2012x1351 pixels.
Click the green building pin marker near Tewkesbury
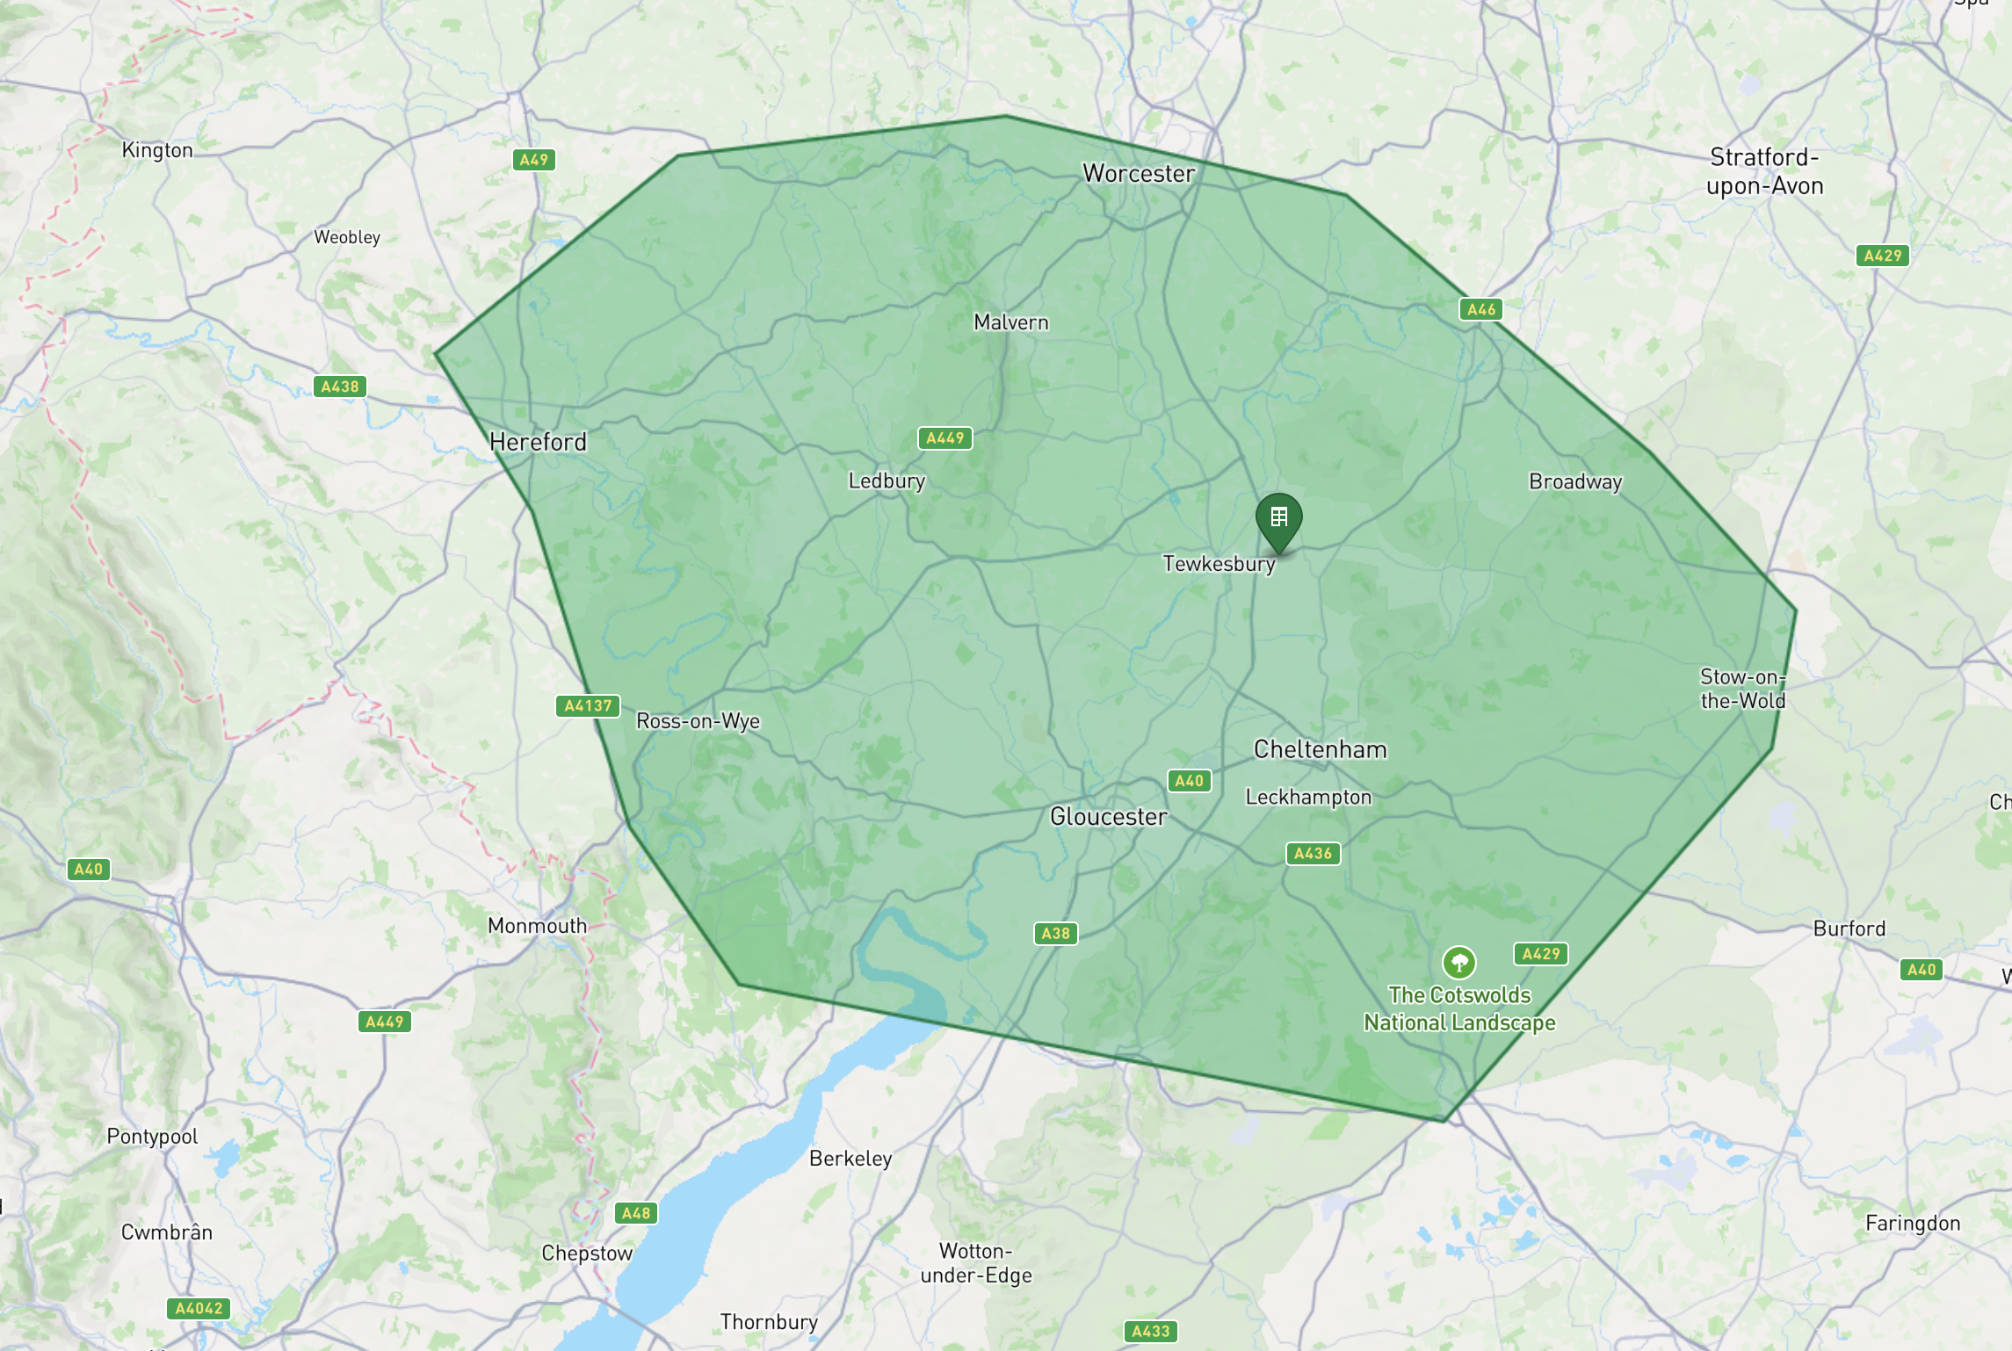point(1278,519)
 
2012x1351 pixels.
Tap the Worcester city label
point(1138,174)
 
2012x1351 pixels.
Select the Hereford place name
point(538,442)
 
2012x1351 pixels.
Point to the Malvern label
point(1010,322)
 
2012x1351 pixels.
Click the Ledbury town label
point(886,481)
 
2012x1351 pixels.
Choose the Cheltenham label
point(1320,749)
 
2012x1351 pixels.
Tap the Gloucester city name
point(1108,817)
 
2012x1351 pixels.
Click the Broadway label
point(1574,481)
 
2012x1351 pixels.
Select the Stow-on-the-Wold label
point(1742,689)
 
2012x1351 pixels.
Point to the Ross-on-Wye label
point(698,721)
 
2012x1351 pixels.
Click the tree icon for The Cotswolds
point(1458,962)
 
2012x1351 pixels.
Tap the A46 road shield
point(1480,309)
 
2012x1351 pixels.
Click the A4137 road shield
point(588,706)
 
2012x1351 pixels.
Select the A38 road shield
point(1055,933)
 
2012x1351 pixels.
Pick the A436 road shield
point(1313,853)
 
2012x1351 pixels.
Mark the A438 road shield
point(340,387)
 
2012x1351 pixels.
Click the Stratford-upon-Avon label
point(1764,171)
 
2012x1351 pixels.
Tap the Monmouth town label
point(537,926)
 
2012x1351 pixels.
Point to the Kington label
point(157,150)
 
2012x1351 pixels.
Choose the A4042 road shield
point(199,1308)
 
